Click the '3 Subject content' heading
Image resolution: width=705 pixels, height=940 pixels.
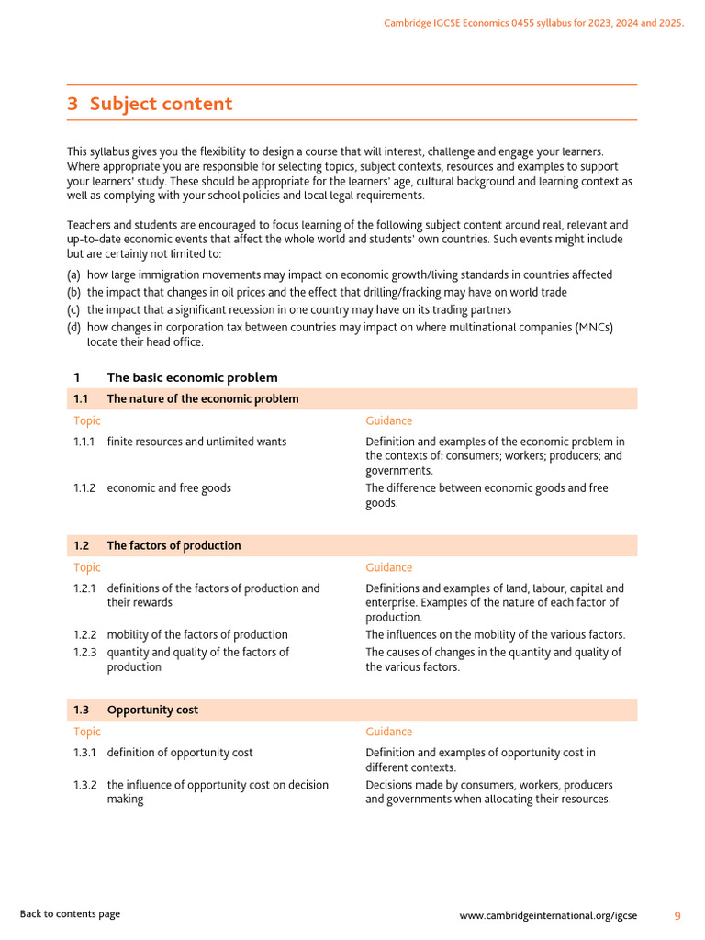point(150,104)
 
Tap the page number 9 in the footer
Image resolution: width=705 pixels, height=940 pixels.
point(677,915)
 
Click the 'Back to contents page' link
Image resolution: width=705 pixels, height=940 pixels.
point(70,914)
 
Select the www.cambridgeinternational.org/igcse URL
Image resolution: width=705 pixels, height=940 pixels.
point(548,915)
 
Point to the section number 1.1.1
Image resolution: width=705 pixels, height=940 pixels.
point(84,442)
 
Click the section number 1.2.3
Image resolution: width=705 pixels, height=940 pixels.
point(84,652)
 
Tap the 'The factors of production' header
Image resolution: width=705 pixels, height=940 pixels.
point(173,545)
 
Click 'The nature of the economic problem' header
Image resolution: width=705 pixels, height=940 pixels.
point(202,398)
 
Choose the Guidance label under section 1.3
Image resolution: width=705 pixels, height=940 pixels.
point(388,732)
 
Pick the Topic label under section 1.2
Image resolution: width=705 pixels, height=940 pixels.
point(87,567)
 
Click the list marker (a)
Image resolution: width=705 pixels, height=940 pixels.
point(73,275)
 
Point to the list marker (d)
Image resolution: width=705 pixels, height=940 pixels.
point(73,328)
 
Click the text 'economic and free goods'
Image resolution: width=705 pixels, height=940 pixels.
point(169,488)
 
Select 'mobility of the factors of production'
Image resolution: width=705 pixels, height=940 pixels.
point(197,634)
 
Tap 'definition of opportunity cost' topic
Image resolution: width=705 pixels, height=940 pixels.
point(180,753)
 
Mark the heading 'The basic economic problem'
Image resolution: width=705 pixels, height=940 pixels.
point(192,377)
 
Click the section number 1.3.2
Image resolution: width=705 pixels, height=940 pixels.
point(84,785)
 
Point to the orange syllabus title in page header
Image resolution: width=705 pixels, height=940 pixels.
point(533,23)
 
